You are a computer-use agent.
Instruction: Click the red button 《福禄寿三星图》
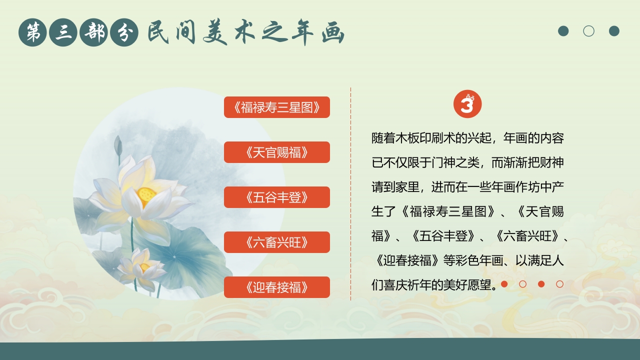(276, 107)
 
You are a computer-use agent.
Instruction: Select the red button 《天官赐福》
(276, 152)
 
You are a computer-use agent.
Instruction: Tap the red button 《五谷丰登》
(276, 197)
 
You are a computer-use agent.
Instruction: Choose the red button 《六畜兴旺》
(276, 242)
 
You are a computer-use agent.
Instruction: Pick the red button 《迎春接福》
(276, 287)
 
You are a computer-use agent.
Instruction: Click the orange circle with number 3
(467, 105)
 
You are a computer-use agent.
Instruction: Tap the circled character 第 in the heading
(33, 32)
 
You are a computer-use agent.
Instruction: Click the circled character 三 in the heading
(63, 32)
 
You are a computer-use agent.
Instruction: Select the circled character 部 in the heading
(94, 32)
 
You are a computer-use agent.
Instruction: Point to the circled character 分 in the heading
(124, 32)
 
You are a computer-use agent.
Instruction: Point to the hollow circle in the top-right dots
(589, 31)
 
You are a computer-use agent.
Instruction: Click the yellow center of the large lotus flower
(146, 194)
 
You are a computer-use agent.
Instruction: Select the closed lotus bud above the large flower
(118, 145)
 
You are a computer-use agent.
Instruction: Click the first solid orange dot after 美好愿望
(504, 284)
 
